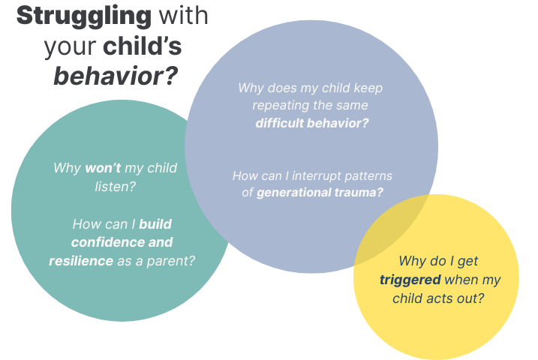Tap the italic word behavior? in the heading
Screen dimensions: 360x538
pos(116,76)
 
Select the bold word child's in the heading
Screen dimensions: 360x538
pos(143,46)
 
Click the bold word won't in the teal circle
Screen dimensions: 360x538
pos(103,167)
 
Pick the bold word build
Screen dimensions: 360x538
pos(155,223)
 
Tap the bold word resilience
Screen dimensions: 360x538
pos(81,261)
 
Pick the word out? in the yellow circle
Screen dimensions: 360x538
pos(467,298)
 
